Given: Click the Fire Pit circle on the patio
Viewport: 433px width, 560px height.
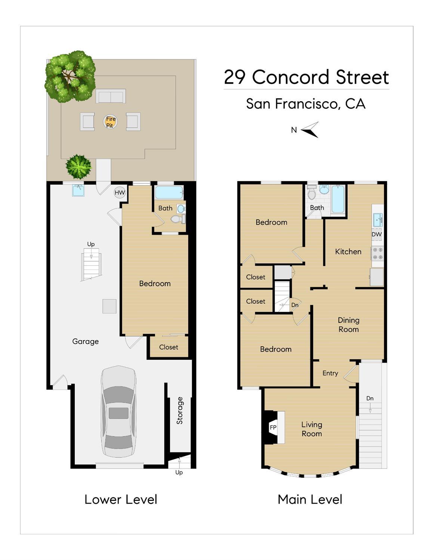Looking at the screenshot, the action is point(111,122).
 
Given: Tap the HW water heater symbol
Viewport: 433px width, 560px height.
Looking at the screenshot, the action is point(120,192).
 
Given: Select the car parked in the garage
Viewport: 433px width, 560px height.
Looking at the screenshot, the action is point(118,412).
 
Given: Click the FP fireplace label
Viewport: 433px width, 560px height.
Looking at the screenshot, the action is point(273,427).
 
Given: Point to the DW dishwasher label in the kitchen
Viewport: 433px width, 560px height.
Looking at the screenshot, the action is point(377,234).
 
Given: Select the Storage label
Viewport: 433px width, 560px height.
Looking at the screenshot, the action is point(180,411).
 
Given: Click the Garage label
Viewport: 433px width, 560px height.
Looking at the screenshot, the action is point(85,341).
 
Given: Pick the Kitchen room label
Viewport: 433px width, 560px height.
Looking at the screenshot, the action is point(348,251).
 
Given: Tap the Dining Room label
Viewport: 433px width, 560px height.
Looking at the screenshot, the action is point(349,325).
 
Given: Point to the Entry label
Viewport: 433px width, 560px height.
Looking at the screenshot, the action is point(330,373).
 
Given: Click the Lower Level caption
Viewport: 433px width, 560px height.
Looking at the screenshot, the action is point(121,499).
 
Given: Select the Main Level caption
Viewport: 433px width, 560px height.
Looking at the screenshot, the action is point(310,499).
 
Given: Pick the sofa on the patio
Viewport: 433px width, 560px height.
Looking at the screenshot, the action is point(111,96).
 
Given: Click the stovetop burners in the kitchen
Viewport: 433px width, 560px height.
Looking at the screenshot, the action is point(378,253).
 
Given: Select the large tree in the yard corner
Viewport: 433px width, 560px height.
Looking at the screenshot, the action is point(70,77).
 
